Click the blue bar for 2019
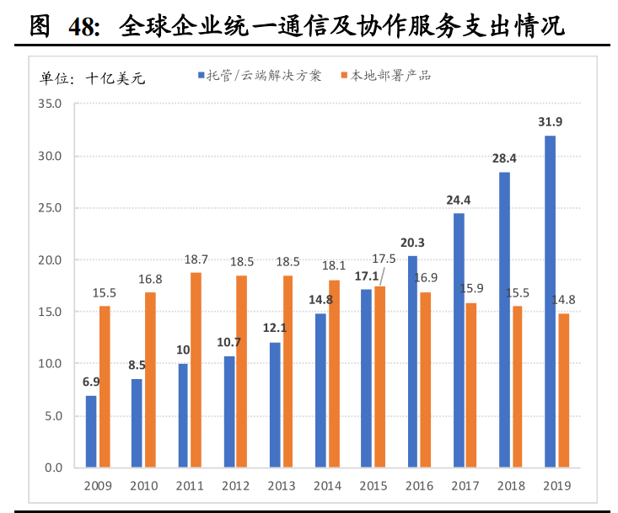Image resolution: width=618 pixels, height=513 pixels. (550, 302)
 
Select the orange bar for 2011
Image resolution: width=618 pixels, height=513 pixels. (196, 370)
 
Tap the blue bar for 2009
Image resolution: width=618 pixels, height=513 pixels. (91, 431)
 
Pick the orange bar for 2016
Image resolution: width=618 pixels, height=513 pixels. (425, 379)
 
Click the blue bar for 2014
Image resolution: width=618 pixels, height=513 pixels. (320, 390)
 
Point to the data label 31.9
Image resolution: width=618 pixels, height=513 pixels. (550, 122)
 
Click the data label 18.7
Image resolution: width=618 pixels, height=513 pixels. (197, 259)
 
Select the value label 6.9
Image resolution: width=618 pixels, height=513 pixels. (91, 382)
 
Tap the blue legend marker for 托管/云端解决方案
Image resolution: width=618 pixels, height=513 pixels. (202, 76)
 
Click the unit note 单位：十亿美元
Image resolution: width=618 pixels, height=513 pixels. (93, 78)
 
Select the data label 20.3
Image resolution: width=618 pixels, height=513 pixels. (412, 243)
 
